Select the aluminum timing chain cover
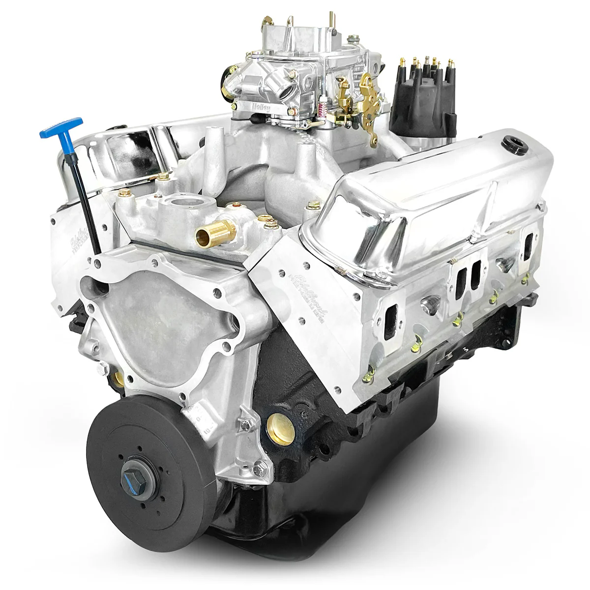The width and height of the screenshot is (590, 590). tap(162, 315)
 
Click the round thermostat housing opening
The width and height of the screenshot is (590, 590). tap(182, 203)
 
